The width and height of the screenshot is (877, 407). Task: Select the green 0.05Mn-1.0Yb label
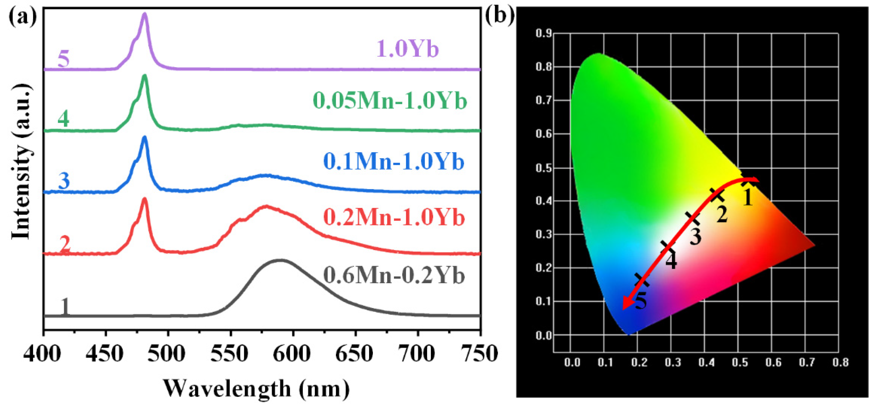click(x=389, y=101)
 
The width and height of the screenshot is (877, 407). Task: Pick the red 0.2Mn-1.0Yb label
click(x=394, y=217)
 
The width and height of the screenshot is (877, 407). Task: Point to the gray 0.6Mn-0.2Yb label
click(x=394, y=275)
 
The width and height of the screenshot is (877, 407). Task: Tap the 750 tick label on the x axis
click(x=479, y=354)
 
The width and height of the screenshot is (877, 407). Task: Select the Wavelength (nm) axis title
click(x=256, y=388)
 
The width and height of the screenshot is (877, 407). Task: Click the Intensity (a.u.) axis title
click(x=22, y=162)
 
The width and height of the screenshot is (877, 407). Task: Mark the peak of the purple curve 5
click(x=145, y=14)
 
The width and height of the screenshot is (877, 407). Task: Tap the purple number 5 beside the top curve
click(x=64, y=59)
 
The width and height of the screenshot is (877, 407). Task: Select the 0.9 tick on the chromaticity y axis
click(x=543, y=33)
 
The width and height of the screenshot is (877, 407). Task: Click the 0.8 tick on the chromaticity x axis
click(x=840, y=362)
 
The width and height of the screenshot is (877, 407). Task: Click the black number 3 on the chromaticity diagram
click(x=695, y=236)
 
